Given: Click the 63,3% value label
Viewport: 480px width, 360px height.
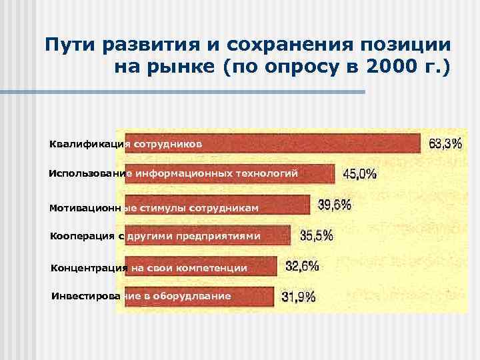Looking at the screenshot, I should pyautogui.click(x=445, y=143).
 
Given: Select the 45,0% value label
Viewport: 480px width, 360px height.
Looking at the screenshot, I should pyautogui.click(x=359, y=174).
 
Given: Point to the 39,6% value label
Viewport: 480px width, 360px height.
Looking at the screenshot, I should pyautogui.click(x=335, y=205).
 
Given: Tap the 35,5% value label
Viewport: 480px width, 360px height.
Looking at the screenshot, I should pyautogui.click(x=317, y=235).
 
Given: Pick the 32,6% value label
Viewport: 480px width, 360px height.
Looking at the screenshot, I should pyautogui.click(x=302, y=266).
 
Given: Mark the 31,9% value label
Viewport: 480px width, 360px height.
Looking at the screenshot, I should pyautogui.click(x=299, y=297).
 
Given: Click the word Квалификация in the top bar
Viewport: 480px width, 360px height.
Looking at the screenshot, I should pyautogui.click(x=89, y=143).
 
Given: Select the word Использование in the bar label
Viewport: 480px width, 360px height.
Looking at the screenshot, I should pyautogui.click(x=91, y=174).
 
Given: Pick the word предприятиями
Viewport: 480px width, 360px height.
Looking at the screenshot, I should pyautogui.click(x=215, y=236).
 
